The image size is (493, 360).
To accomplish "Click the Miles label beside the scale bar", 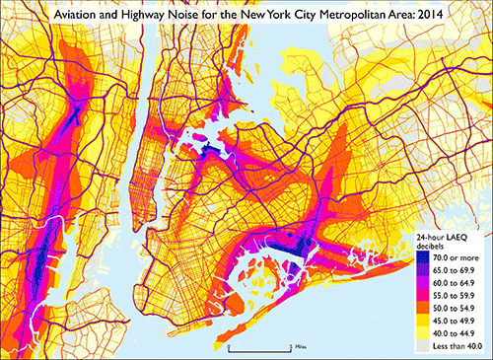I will click(x=300, y=347).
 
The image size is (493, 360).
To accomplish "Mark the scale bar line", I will click(x=259, y=348).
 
